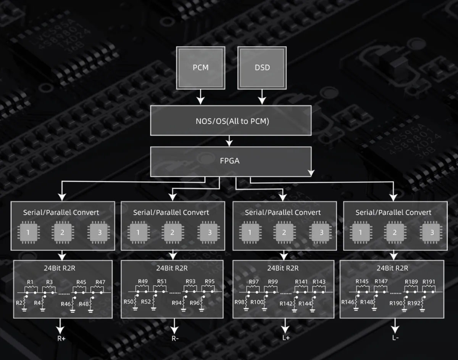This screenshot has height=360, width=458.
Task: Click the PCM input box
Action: click(x=200, y=68)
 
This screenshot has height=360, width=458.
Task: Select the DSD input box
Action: click(x=262, y=68)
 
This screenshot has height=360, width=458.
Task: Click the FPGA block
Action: click(x=230, y=161)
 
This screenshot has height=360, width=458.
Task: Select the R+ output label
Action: click(x=61, y=338)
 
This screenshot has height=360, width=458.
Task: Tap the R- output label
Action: click(x=174, y=338)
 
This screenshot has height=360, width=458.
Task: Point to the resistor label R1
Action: click(x=30, y=282)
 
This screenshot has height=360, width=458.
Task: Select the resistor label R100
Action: click(x=257, y=303)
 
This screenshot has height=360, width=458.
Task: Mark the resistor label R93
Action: click(x=190, y=282)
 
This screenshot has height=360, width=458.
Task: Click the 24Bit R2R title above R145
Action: click(x=392, y=268)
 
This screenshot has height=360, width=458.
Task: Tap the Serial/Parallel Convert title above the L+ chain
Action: click(x=283, y=212)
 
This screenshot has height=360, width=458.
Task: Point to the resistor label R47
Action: click(x=100, y=282)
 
